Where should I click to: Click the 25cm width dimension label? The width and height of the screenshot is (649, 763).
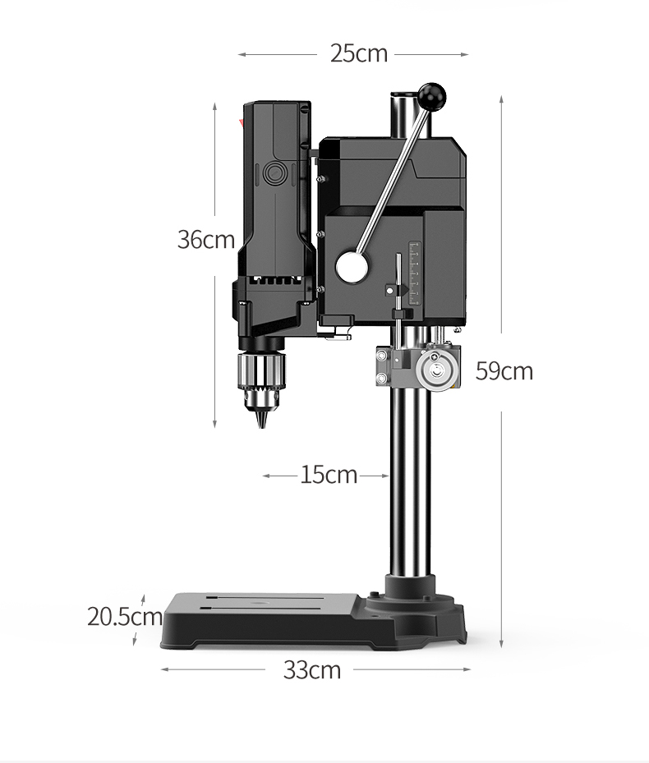click(x=359, y=53)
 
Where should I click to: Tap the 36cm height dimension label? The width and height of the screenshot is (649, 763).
click(x=206, y=239)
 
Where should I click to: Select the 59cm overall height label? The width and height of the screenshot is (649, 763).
click(x=504, y=370)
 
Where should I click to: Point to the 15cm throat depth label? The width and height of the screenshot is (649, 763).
click(x=329, y=475)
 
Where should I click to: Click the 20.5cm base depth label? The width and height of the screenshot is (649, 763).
click(x=125, y=617)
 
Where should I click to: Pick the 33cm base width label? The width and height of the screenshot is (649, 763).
click(x=312, y=670)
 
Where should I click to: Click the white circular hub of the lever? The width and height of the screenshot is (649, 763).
click(x=352, y=267)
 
